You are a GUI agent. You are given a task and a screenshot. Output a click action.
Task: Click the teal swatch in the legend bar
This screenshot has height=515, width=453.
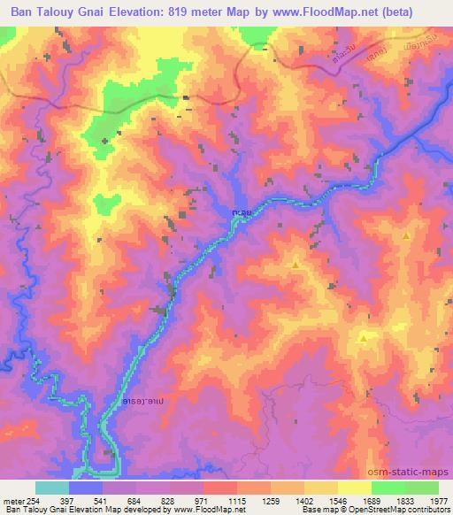[x=52, y=488]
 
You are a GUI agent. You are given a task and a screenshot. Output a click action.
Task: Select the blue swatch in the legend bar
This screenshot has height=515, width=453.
[x=86, y=488]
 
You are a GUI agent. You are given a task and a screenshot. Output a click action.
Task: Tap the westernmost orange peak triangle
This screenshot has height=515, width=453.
[x=296, y=264]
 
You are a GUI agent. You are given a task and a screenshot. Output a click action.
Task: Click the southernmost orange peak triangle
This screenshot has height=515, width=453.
[x=363, y=339]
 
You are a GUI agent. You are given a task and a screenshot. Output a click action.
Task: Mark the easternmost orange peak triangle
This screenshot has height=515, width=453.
[x=406, y=236]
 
